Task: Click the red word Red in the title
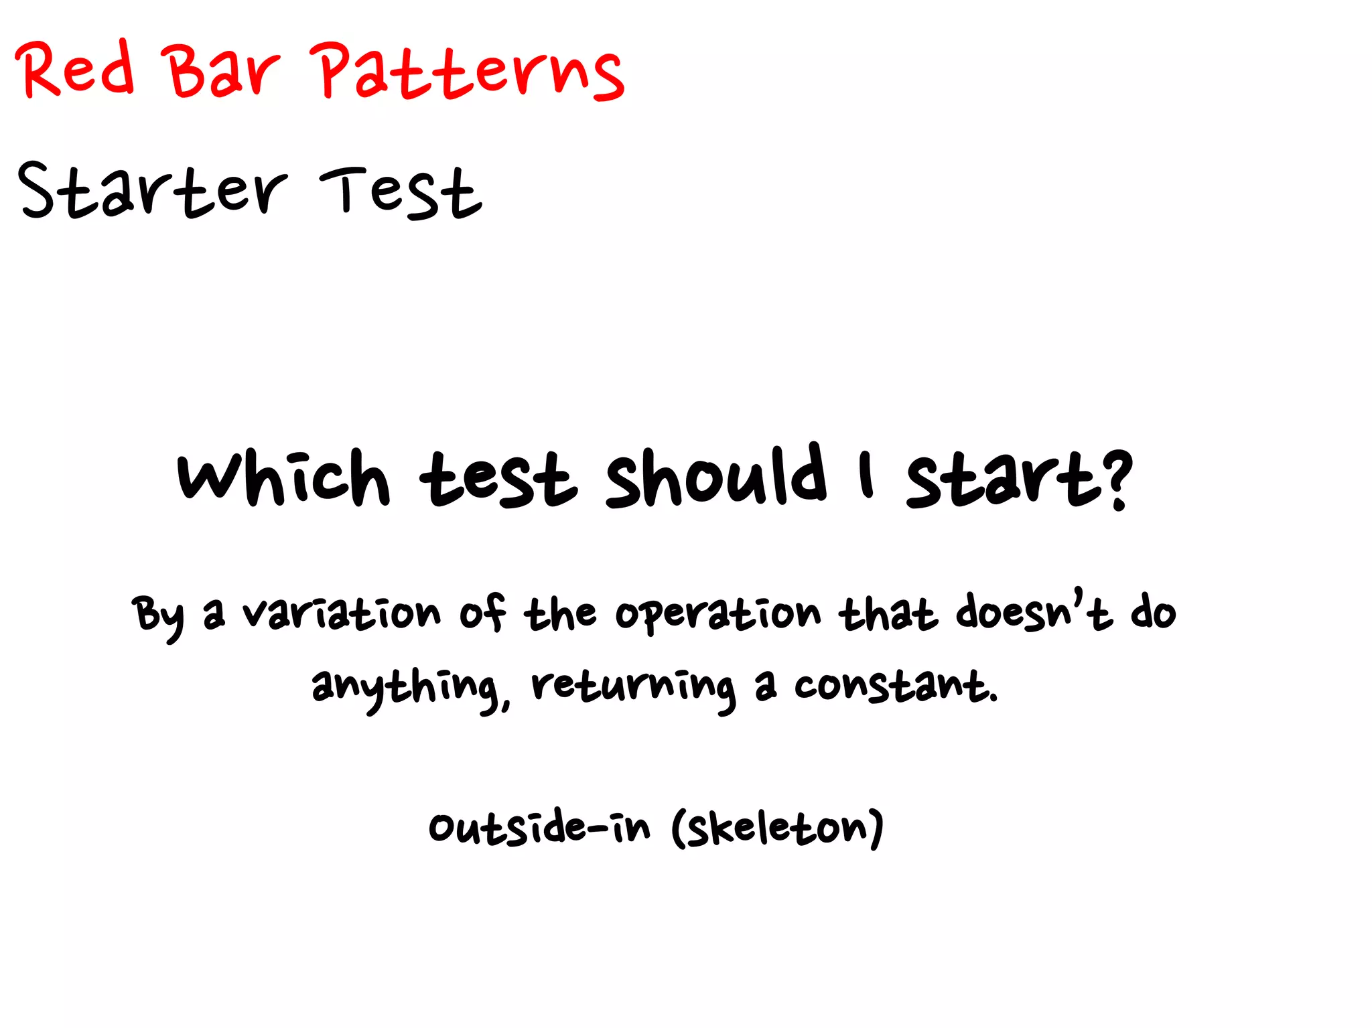(75, 70)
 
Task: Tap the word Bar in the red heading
(222, 71)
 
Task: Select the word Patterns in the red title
(469, 71)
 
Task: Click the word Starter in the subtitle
(153, 190)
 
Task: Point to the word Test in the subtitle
(400, 192)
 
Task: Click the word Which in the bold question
(283, 478)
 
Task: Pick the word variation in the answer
(342, 613)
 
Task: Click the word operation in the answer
(717, 615)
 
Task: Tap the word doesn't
(1034, 611)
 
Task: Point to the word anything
(405, 688)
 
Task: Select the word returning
(632, 688)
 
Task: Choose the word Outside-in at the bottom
(539, 828)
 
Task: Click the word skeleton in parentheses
(778, 829)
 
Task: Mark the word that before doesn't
(888, 612)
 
